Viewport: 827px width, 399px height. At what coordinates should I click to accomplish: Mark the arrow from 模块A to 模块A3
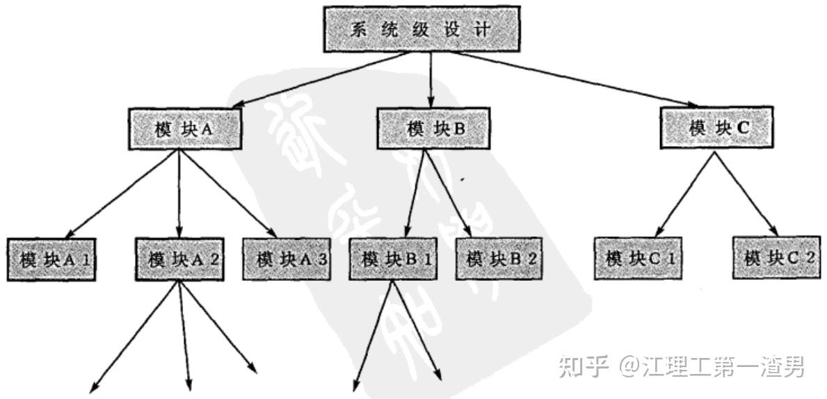tap(226, 194)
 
